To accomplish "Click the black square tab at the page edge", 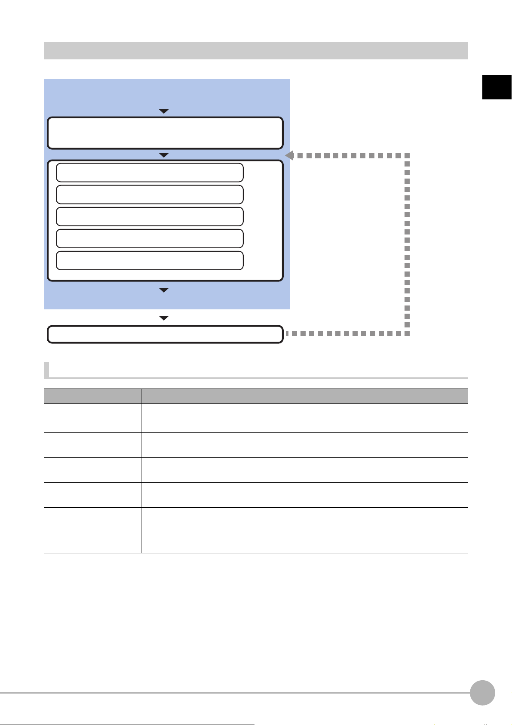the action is (497, 87).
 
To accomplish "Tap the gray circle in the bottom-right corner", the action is (482, 693).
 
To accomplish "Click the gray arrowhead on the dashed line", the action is (289, 155).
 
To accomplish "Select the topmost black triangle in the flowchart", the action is (164, 111).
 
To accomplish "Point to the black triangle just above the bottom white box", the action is (164, 318).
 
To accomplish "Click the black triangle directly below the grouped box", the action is (164, 290).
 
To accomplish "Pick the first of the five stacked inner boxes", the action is (150, 173).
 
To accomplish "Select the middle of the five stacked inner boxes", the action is (150, 216).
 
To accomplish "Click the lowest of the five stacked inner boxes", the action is (150, 260).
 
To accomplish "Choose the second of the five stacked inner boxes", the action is (150, 194).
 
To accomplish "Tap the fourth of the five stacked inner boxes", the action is (150, 238).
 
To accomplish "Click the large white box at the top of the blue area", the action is (165, 133).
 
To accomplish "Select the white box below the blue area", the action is (165, 334).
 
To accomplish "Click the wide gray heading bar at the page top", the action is (255, 50).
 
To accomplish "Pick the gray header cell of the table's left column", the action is (92, 396).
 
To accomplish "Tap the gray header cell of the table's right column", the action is (304, 396).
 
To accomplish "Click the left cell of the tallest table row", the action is (92, 530).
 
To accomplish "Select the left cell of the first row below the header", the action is (92, 410).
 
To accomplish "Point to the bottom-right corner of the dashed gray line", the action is (407, 333).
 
